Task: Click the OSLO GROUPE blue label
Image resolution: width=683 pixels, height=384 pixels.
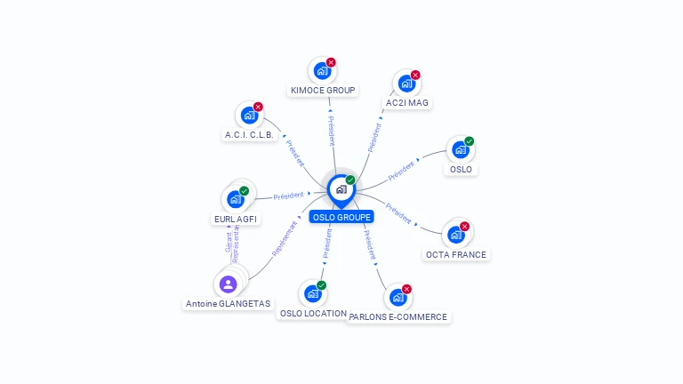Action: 341,217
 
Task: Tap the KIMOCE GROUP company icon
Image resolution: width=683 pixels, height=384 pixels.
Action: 321,71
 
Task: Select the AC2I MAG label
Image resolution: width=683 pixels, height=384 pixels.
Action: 407,103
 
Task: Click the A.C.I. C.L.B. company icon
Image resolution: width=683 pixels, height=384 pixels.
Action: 249,116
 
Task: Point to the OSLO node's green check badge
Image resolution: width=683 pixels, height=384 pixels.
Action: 470,141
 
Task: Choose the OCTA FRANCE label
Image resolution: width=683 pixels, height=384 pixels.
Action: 456,255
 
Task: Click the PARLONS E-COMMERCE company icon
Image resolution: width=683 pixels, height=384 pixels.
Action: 398,298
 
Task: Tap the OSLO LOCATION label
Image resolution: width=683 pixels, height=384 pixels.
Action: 313,314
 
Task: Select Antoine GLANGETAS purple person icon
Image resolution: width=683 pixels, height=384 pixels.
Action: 228,284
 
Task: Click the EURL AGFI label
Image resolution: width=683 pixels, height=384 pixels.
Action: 237,220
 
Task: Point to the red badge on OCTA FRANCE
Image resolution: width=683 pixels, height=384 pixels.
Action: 464,226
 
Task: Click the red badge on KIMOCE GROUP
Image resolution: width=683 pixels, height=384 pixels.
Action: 331,62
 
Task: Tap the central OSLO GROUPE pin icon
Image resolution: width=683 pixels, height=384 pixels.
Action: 341,189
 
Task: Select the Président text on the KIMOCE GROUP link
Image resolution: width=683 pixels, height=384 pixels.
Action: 331,131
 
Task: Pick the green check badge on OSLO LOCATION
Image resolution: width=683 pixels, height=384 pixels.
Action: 321,285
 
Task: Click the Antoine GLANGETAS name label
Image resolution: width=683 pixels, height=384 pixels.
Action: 228,304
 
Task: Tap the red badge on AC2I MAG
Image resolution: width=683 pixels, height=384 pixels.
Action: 415,75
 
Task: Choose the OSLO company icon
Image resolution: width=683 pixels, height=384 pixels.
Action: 460,150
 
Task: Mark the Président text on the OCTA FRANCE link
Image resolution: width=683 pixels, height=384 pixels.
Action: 398,213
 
